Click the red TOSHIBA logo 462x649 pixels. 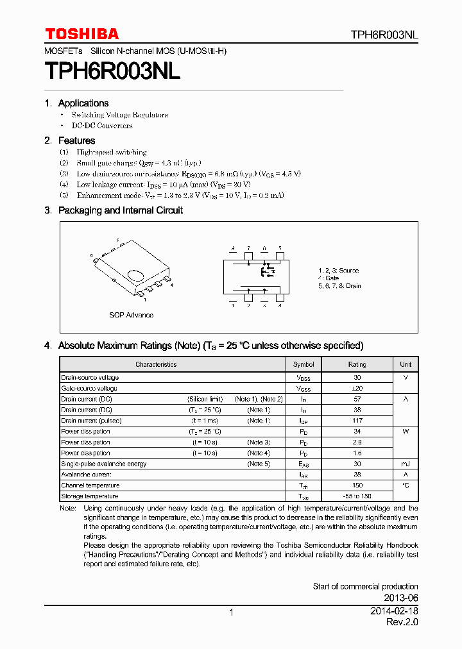(x=81, y=34)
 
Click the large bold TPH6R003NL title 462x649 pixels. (x=112, y=71)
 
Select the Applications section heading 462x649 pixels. (x=83, y=103)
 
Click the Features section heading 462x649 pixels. (x=76, y=140)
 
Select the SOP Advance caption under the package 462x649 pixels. (x=131, y=315)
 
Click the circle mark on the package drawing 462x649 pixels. (x=136, y=276)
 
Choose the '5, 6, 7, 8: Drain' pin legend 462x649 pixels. (x=339, y=286)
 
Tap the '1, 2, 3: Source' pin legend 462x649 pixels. (x=338, y=271)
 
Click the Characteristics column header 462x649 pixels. (x=156, y=364)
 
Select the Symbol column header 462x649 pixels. (x=304, y=364)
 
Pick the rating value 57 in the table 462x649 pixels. (x=357, y=399)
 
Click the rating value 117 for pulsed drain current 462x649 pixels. (x=357, y=421)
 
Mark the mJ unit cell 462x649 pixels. (x=406, y=464)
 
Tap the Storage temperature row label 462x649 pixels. (x=90, y=496)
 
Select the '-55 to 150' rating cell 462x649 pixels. (x=357, y=496)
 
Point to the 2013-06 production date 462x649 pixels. (x=402, y=598)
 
